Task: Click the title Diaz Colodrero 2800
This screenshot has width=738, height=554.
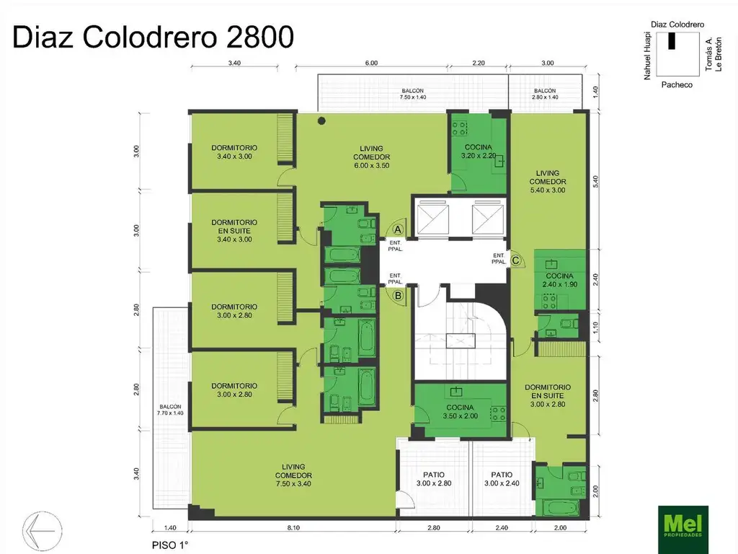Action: coord(153,37)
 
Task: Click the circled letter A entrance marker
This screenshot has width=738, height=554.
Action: coord(397,227)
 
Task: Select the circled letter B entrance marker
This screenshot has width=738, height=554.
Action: coord(397,294)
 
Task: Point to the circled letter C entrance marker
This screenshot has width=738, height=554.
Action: coord(516,260)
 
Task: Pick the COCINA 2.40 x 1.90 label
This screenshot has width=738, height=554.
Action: coord(559,281)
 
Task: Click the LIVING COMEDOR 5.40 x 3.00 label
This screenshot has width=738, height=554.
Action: coord(548,181)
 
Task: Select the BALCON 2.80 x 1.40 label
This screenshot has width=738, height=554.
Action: coord(545,94)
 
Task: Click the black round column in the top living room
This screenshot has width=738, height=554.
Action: coord(321,120)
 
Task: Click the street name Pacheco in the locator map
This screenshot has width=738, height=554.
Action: coord(677,84)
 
